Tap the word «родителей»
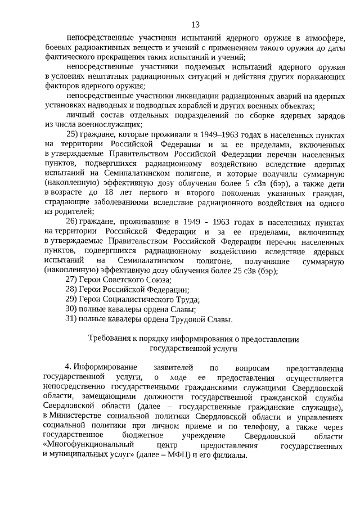(x=74, y=211)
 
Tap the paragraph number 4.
(x=68, y=368)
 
